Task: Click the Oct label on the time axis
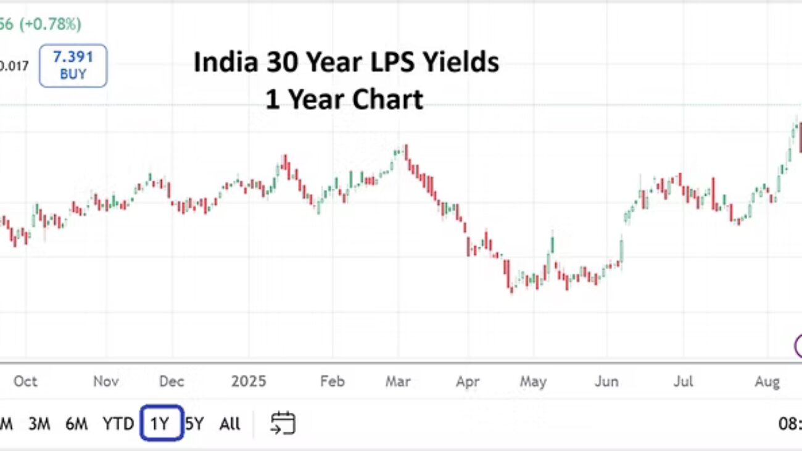pyautogui.click(x=25, y=381)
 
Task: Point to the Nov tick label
pyautogui.click(x=105, y=381)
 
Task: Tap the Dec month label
pyautogui.click(x=171, y=381)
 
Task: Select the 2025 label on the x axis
pyautogui.click(x=249, y=381)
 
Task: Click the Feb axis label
pyautogui.click(x=332, y=381)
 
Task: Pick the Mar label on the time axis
pyautogui.click(x=398, y=381)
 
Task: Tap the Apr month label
pyautogui.click(x=468, y=381)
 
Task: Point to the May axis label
pyautogui.click(x=533, y=381)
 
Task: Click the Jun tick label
pyautogui.click(x=606, y=381)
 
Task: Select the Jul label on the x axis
pyautogui.click(x=683, y=381)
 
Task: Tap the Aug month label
pyautogui.click(x=767, y=381)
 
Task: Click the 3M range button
pyautogui.click(x=39, y=424)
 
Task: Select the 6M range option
pyautogui.click(x=76, y=424)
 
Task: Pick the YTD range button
pyautogui.click(x=118, y=424)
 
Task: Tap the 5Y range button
pyautogui.click(x=194, y=424)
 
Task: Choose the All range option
pyautogui.click(x=229, y=424)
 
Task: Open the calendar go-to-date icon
pyautogui.click(x=283, y=423)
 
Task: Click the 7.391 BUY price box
pyautogui.click(x=73, y=65)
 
